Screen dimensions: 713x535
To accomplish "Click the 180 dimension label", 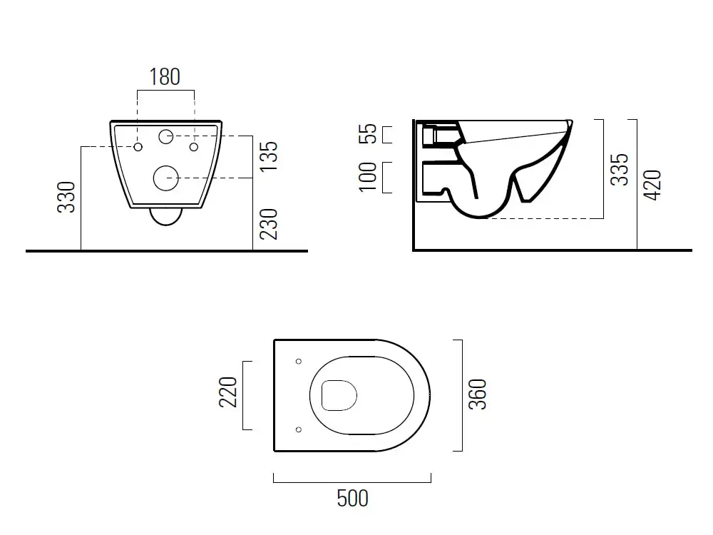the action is point(165,77).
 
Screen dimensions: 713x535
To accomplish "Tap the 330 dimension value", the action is point(66,197).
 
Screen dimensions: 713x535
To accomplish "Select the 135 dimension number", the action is point(268,156).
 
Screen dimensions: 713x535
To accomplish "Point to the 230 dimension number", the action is point(268,224).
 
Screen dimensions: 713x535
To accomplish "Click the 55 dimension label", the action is point(368,134).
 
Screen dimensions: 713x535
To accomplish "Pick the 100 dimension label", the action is point(368,177).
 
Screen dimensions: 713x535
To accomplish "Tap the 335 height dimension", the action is point(620,169).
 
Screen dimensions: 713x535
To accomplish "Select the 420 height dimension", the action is point(652,185).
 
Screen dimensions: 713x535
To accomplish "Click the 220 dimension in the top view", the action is point(228,392).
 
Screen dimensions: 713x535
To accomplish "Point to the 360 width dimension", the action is point(478,394).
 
